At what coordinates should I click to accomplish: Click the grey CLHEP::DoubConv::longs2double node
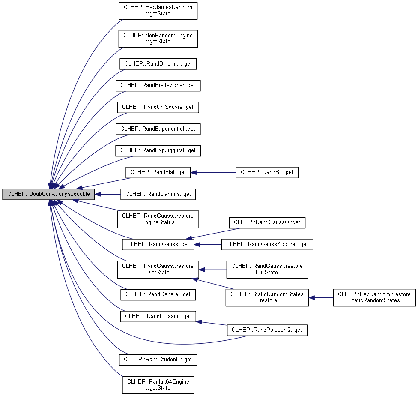[48, 194]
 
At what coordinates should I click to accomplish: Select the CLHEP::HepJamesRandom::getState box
[158, 11]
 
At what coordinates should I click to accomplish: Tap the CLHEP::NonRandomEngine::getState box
[158, 39]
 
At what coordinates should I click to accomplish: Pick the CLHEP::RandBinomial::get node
[158, 64]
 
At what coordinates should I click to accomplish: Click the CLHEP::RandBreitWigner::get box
[158, 86]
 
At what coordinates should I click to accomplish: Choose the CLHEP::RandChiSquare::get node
[158, 107]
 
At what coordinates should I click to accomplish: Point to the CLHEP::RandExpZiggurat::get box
[158, 151]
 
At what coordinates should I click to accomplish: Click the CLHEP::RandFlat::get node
[158, 173]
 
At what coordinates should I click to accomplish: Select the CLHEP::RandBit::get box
[267, 173]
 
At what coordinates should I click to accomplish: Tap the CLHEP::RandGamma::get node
[158, 194]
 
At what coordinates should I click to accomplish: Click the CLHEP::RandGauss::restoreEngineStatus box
[158, 219]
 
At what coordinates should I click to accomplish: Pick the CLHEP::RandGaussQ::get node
[267, 222]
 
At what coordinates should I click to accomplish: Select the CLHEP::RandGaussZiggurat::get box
[267, 244]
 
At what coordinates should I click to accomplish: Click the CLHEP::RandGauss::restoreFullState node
[267, 270]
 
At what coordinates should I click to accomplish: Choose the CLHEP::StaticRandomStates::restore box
[267, 297]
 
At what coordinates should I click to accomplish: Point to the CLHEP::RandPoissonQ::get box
[267, 330]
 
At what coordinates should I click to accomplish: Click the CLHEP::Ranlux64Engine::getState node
[158, 385]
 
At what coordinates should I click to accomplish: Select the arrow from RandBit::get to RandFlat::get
[213, 173]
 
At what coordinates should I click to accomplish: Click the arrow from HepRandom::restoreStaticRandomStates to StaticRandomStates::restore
[321, 297]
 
